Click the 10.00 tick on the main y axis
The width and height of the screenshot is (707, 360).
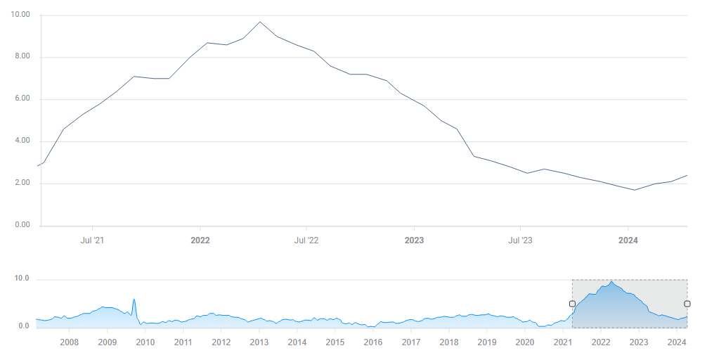[x=21, y=15]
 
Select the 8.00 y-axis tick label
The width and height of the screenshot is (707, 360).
[x=21, y=57]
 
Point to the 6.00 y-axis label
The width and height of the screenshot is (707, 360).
[x=21, y=99]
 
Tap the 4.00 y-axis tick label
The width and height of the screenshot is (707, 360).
[x=21, y=141]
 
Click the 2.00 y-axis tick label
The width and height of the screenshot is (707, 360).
[x=21, y=184]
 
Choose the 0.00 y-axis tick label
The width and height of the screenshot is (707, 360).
[x=21, y=226]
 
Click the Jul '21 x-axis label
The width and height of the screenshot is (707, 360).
[x=93, y=240]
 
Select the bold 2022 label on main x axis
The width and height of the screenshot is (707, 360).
[x=200, y=240]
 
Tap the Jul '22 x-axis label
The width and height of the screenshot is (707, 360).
[x=306, y=240]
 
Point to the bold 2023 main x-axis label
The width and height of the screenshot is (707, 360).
[x=414, y=240]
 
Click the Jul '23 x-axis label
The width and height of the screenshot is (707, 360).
[x=520, y=240]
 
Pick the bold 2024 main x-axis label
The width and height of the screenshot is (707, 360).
[x=628, y=240]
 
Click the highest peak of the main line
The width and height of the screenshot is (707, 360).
[x=260, y=22]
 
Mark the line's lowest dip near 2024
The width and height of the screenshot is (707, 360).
[x=635, y=190]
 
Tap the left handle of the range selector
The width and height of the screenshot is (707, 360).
[x=572, y=304]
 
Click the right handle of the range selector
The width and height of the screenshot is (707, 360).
[x=687, y=304]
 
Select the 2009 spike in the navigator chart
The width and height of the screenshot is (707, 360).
[x=134, y=300]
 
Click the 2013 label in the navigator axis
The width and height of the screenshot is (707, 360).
[x=259, y=342]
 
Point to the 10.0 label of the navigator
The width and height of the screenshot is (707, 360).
[x=21, y=279]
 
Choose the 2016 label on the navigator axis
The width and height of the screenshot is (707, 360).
[x=373, y=342]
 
